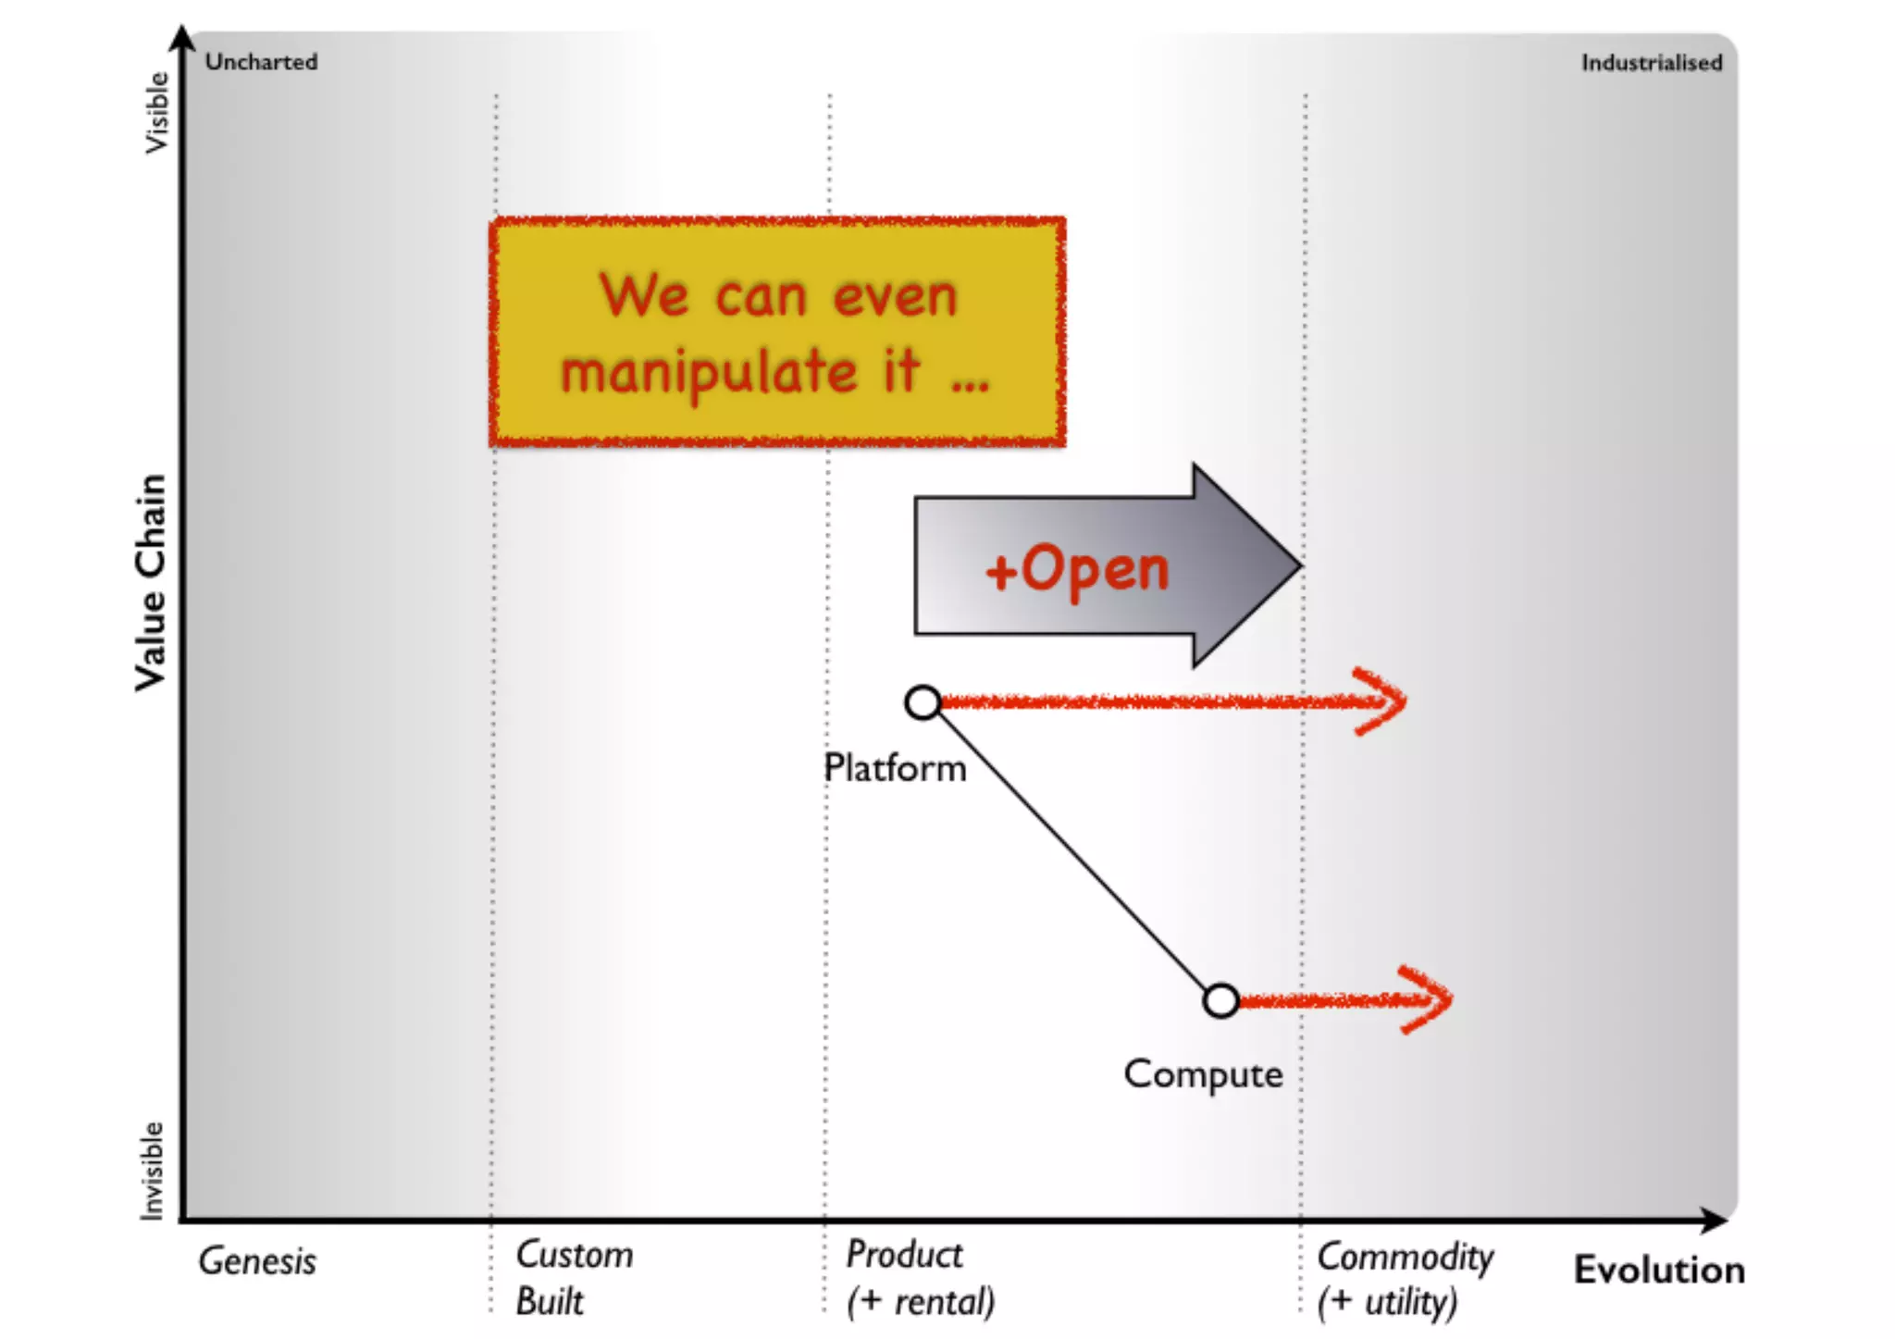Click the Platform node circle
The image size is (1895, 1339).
click(x=923, y=703)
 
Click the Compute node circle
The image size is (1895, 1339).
click(x=1221, y=1000)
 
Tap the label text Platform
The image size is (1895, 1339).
click(x=895, y=768)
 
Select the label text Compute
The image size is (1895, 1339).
click(x=1203, y=1074)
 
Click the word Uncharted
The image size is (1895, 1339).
click(x=261, y=62)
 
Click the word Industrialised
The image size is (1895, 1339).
click(x=1651, y=63)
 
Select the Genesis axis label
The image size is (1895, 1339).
click(x=257, y=1261)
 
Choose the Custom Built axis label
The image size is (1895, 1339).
click(x=574, y=1278)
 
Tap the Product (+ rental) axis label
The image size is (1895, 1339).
click(x=920, y=1278)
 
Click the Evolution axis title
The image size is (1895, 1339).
click(x=1659, y=1270)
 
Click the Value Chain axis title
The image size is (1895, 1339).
click(x=151, y=582)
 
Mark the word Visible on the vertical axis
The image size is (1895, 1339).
click(x=156, y=113)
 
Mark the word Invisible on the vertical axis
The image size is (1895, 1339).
click(x=152, y=1171)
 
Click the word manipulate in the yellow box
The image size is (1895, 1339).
click(x=709, y=373)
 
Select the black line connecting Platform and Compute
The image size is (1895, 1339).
click(x=1071, y=851)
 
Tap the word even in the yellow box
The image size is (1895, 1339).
click(x=895, y=297)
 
